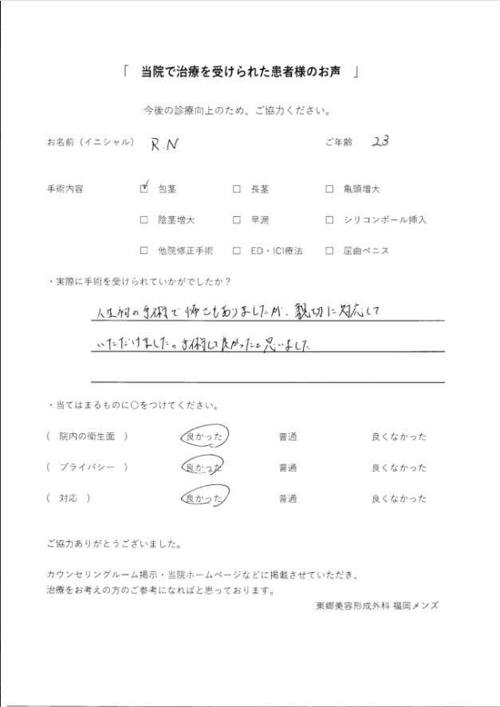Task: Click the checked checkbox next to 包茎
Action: click(x=144, y=189)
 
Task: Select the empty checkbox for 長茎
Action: click(x=237, y=190)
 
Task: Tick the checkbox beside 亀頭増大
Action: click(x=329, y=190)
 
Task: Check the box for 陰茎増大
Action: click(x=144, y=220)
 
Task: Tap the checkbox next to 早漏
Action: click(x=237, y=220)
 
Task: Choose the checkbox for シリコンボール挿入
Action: click(x=329, y=220)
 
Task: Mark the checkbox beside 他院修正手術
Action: click(x=144, y=251)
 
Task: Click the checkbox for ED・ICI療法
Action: click(x=237, y=251)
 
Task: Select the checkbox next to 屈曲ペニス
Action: click(x=329, y=251)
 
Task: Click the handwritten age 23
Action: click(x=380, y=142)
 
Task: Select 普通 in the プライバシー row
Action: click(x=288, y=468)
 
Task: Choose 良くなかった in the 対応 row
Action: click(x=399, y=499)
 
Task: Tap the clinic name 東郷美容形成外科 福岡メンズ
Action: click(x=376, y=606)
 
